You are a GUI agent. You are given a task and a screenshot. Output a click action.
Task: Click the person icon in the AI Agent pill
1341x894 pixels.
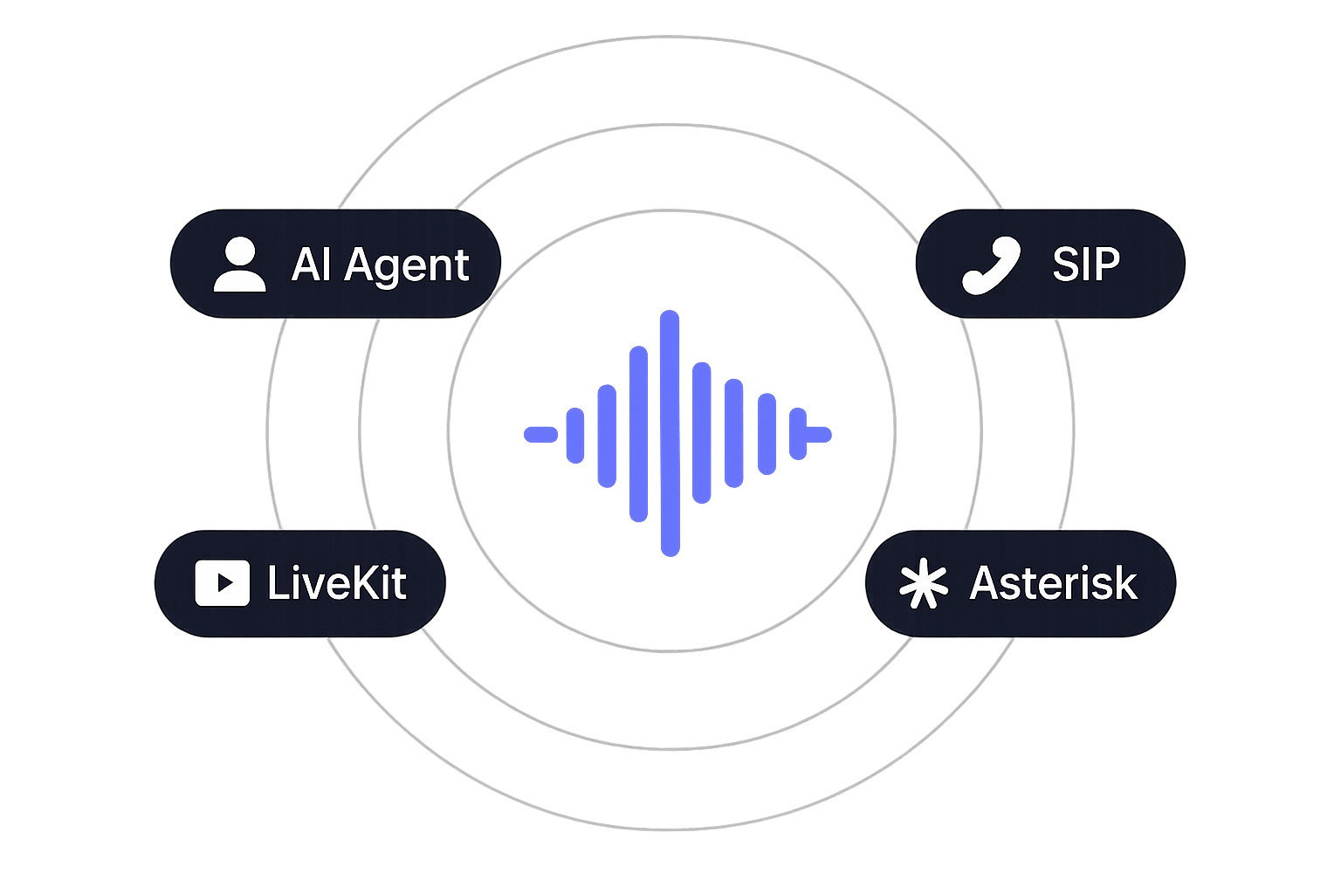pyautogui.click(x=239, y=265)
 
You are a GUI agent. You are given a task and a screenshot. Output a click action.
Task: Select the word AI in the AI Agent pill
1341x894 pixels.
pyautogui.click(x=307, y=264)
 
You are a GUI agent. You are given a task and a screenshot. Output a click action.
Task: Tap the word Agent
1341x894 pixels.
pyautogui.click(x=407, y=265)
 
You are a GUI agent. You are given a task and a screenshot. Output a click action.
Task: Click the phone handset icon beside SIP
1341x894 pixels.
pyautogui.click(x=991, y=265)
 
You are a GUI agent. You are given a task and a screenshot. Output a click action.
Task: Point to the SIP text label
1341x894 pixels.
pyautogui.click(x=1085, y=263)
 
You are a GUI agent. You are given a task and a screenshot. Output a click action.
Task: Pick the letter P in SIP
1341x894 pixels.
pyautogui.click(x=1106, y=263)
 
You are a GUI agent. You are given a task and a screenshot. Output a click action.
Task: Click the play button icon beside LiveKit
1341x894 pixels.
pyautogui.click(x=222, y=583)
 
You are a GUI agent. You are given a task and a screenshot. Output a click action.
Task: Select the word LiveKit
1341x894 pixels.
pyautogui.click(x=336, y=583)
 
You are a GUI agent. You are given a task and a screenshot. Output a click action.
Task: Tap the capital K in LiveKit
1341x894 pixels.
pyautogui.click(x=359, y=583)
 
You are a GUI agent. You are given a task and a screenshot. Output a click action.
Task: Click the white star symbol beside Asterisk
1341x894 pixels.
pyautogui.click(x=923, y=584)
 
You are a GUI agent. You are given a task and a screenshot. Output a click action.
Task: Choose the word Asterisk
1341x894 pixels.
pyautogui.click(x=1053, y=583)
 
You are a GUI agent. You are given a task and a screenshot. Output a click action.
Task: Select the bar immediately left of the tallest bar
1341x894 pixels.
pyautogui.click(x=638, y=433)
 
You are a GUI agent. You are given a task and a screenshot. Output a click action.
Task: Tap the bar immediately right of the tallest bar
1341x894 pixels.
pyautogui.click(x=700, y=433)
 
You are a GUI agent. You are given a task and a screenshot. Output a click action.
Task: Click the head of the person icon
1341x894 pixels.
pyautogui.click(x=239, y=252)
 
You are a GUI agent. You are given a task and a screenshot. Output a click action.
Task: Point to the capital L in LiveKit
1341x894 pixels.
pyautogui.click(x=275, y=583)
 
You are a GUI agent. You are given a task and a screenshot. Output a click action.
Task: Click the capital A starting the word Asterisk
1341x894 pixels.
pyautogui.click(x=984, y=583)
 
